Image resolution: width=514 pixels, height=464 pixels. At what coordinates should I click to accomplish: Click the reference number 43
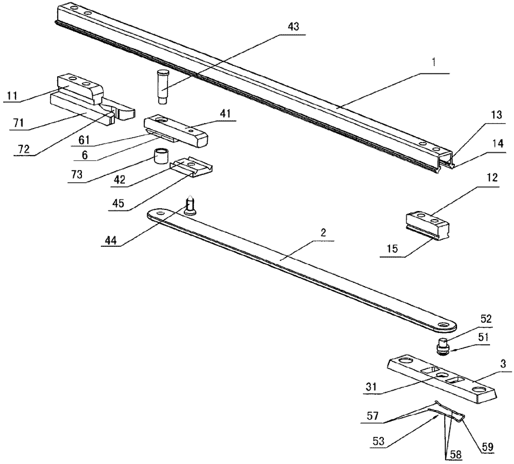click(x=293, y=27)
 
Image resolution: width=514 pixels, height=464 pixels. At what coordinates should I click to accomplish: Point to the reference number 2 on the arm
click(x=323, y=233)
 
